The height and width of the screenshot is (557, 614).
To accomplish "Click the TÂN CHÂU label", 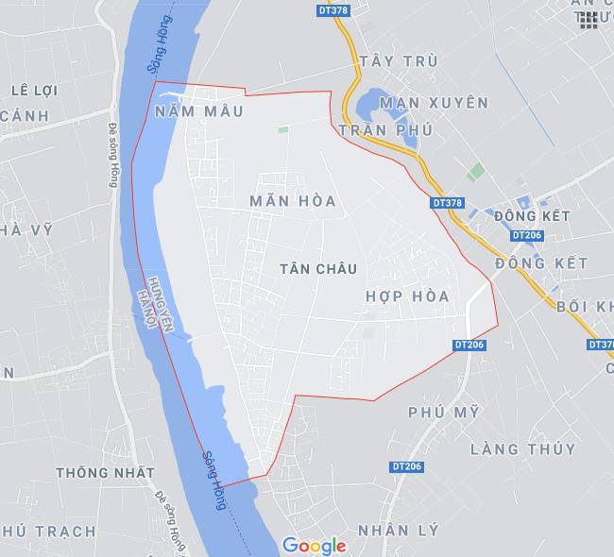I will [x=318, y=269].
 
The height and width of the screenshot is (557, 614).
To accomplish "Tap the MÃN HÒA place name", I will [x=293, y=201].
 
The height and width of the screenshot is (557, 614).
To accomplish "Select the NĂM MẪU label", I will [x=197, y=111].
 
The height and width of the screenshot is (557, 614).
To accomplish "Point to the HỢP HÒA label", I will [x=406, y=296].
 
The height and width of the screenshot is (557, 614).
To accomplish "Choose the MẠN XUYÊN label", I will [x=433, y=102].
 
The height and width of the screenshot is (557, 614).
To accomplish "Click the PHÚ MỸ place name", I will [x=444, y=412].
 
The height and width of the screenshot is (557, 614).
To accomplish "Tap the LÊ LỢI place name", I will [x=34, y=91].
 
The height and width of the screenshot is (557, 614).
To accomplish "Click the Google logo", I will [x=314, y=545].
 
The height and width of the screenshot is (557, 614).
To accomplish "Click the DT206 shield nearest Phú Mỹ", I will [x=407, y=466].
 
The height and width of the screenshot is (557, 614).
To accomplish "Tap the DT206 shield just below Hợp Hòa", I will [x=469, y=346].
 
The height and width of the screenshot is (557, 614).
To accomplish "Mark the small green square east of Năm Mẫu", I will [x=281, y=130].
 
